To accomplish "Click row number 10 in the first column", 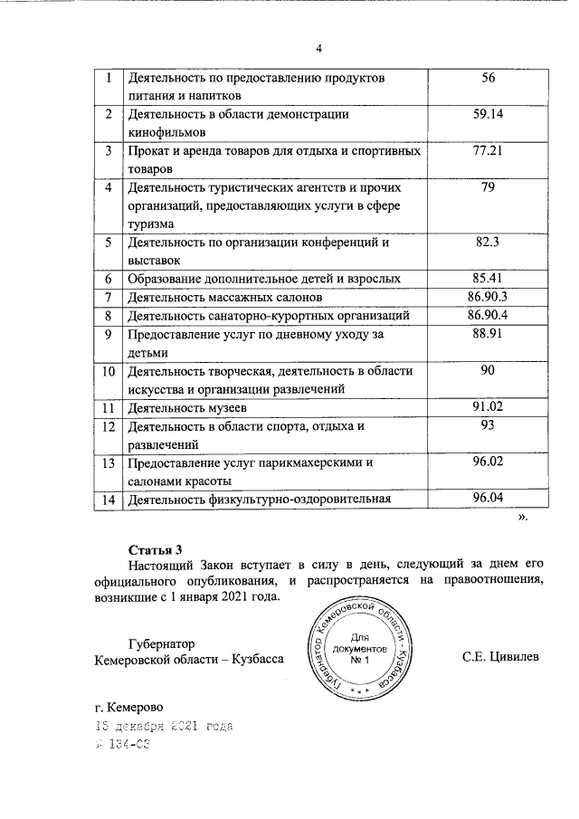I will pos(108,372).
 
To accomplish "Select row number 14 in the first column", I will pos(108,499).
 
